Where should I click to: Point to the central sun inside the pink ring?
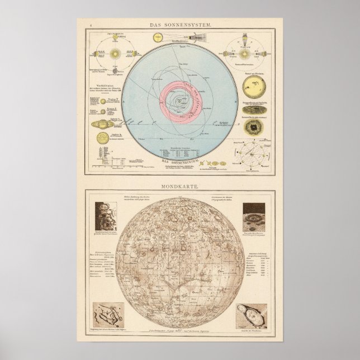[x=179, y=102]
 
